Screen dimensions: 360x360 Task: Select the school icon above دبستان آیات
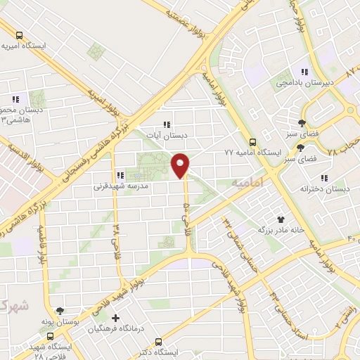tap(166, 124)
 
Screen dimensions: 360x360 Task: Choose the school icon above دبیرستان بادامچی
tap(304, 71)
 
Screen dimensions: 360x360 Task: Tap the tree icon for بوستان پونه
tap(60, 309)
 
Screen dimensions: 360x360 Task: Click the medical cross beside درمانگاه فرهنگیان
tap(116, 318)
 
